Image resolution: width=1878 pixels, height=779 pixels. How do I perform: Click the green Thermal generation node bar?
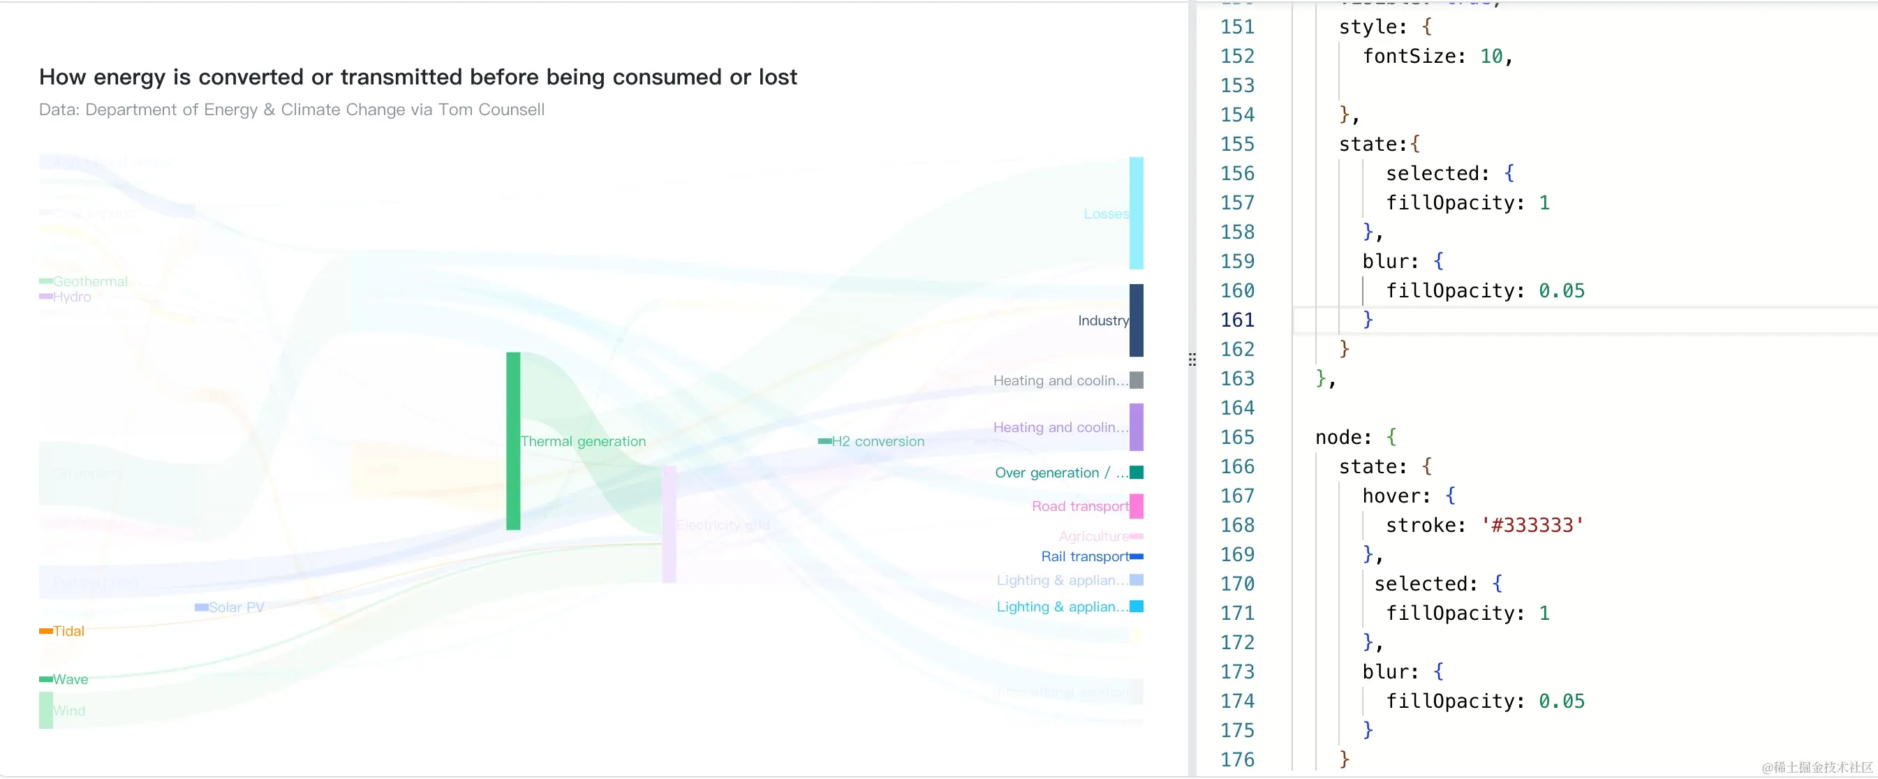513,440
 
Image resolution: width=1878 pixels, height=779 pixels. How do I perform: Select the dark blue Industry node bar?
1136,320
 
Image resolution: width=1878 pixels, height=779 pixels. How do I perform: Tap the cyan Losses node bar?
1136,213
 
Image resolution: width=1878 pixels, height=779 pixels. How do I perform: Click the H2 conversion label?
878,441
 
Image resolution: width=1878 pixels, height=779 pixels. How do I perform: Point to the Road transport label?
1080,506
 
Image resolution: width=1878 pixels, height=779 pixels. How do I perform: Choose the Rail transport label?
1085,556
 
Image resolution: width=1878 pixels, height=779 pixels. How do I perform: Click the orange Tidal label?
68,631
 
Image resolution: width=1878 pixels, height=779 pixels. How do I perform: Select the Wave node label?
70,679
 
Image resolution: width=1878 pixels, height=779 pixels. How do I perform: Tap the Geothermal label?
89,281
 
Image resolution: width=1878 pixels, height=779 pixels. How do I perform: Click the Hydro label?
71,297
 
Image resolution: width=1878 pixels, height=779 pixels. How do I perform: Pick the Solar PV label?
236,607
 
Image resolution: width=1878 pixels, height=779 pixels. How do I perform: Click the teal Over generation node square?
1136,472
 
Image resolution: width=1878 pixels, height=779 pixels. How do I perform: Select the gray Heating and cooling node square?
1136,380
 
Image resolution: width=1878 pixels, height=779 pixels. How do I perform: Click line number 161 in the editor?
1237,319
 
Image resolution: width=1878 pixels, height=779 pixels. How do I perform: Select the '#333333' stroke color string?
1532,525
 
